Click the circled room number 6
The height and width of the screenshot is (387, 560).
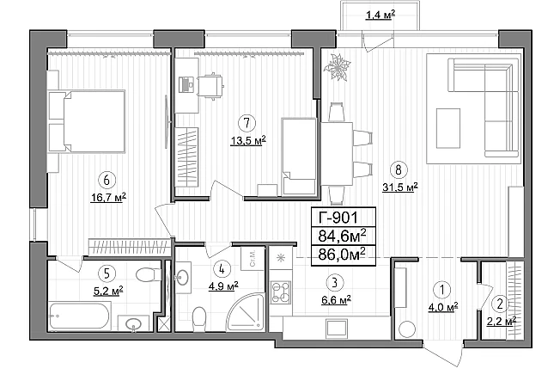point(107,180)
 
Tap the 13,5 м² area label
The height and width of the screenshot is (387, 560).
point(248,140)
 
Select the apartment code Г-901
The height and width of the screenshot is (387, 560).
point(338,217)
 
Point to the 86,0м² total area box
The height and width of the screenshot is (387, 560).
point(344,255)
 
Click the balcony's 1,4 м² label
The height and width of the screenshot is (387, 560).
point(380,15)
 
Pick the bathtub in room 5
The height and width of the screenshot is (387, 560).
point(79,316)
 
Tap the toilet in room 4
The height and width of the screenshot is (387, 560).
point(199,318)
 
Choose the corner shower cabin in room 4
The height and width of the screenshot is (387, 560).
point(246,313)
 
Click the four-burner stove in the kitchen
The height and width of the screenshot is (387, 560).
point(281,292)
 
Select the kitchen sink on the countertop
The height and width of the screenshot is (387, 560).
point(337,329)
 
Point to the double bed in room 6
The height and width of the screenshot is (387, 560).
point(94,121)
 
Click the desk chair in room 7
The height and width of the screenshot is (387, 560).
point(210,86)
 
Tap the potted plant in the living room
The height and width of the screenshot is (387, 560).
point(337,67)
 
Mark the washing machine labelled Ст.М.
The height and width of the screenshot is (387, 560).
point(253,258)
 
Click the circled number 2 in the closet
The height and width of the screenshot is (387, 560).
point(500,304)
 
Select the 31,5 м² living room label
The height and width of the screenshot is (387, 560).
point(400,187)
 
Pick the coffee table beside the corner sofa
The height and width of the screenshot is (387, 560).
point(448,128)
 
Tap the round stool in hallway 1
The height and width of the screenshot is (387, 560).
point(407,329)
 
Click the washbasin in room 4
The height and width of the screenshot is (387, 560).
point(183,278)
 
